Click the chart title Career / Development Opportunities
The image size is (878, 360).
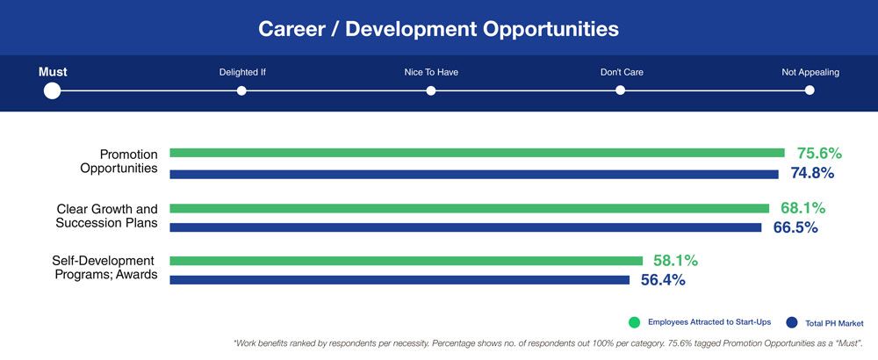(x=438, y=29)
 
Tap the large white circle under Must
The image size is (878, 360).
(x=52, y=90)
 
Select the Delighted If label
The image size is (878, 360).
(x=241, y=72)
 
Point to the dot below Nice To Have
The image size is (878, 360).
(x=430, y=90)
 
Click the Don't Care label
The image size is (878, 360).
(x=622, y=72)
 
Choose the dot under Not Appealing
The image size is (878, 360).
(x=810, y=90)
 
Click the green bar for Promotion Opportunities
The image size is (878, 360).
(x=477, y=153)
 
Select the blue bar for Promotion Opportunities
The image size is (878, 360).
(x=474, y=174)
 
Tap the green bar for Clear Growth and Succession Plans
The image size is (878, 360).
(x=469, y=208)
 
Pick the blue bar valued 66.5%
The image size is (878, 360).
(x=465, y=227)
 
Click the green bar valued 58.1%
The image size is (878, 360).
(x=406, y=261)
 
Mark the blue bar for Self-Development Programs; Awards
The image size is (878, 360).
(x=399, y=280)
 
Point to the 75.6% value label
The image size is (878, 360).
(x=819, y=154)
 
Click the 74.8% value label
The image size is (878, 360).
(x=812, y=173)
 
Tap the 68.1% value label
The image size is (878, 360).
(x=803, y=208)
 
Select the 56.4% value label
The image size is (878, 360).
(x=663, y=280)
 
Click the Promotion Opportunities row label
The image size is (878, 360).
(x=119, y=161)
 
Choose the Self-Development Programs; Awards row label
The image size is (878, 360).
(x=104, y=268)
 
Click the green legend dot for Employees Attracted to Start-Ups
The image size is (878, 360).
(x=634, y=322)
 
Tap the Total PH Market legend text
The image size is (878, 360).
(x=834, y=323)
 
